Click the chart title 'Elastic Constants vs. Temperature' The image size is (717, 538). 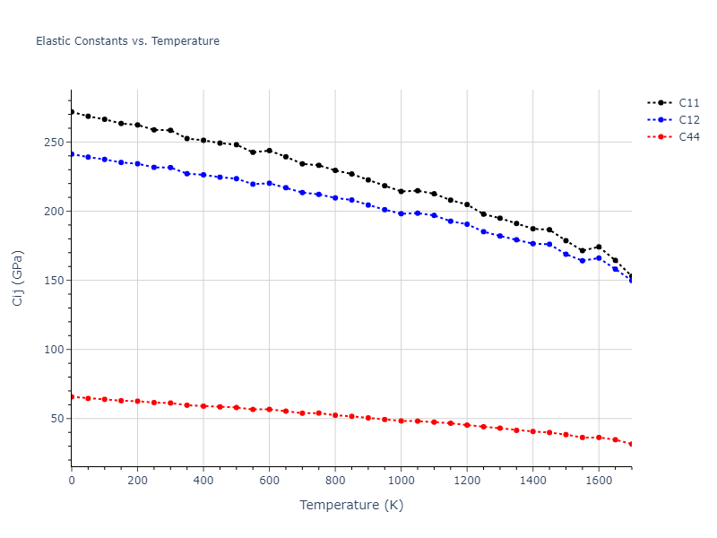tap(127, 41)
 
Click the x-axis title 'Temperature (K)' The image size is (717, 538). tap(351, 505)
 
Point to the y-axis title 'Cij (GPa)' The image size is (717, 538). tap(18, 278)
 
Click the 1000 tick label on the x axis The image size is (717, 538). tap(401, 481)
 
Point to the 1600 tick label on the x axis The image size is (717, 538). tap(599, 481)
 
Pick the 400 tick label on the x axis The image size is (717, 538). tap(203, 481)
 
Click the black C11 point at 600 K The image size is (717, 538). tap(269, 151)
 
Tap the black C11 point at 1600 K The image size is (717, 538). tap(599, 247)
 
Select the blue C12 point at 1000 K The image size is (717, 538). tap(401, 213)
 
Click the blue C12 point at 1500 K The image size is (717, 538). tap(566, 255)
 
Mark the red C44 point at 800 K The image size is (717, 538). tap(335, 415)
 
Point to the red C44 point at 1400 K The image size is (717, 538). tap(532, 431)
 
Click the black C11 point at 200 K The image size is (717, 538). tap(137, 125)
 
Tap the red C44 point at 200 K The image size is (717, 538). tap(137, 401)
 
